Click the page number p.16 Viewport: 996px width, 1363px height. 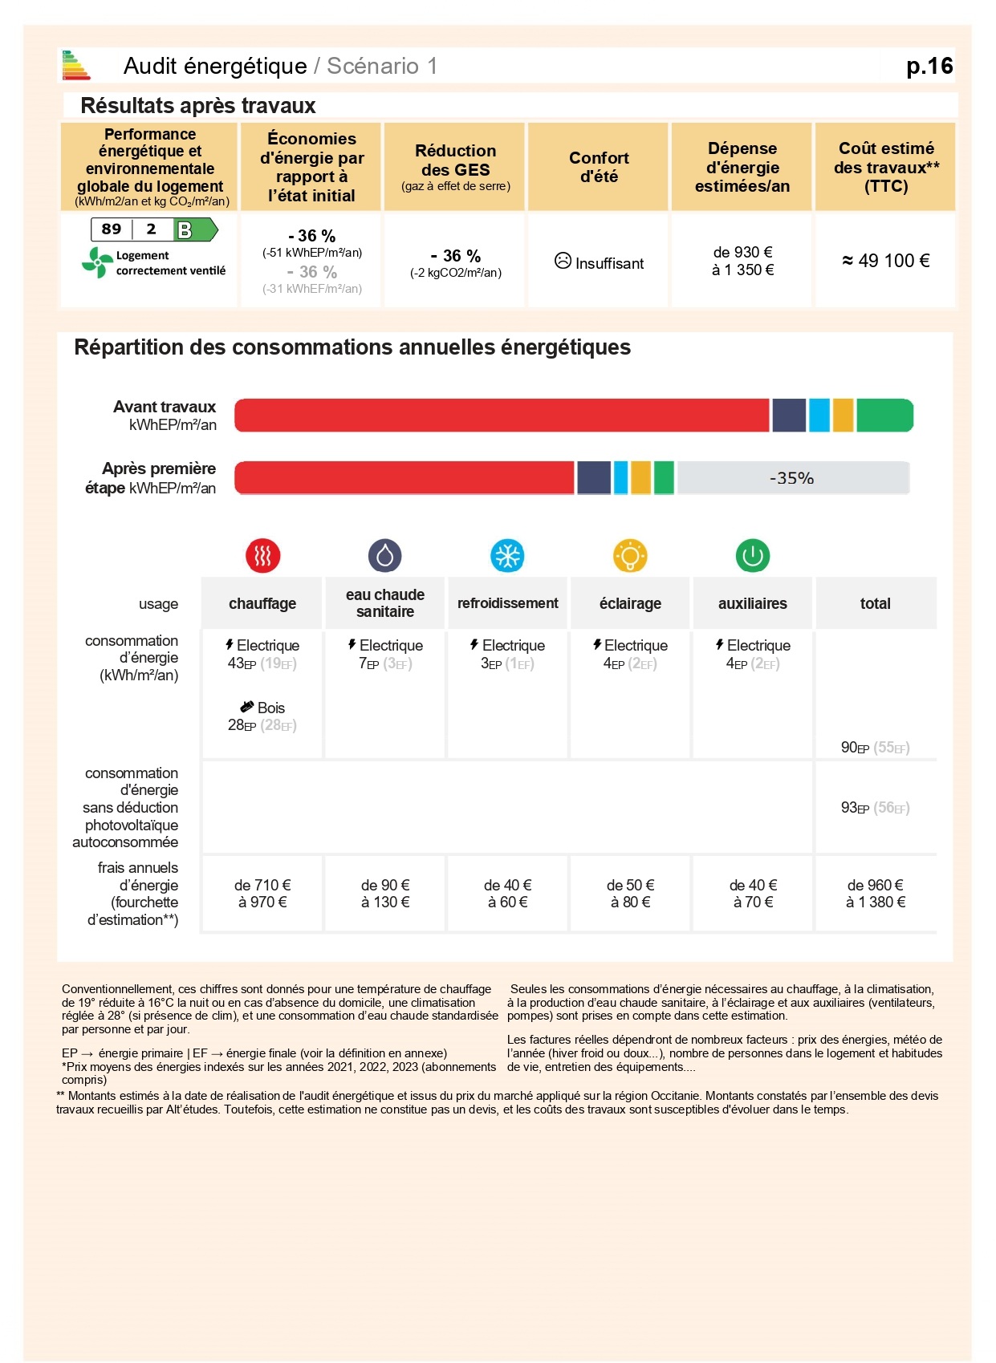click(929, 66)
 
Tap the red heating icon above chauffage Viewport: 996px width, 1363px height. click(262, 555)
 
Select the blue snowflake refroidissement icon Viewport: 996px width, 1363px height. click(507, 555)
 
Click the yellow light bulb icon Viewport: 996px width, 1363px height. click(630, 555)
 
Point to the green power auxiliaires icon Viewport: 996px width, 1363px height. click(753, 555)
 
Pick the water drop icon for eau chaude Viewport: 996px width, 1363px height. click(385, 555)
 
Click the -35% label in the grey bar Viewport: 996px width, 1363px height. click(791, 478)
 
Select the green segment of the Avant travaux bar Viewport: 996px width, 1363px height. click(884, 416)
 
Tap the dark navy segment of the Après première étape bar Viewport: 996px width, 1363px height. click(594, 478)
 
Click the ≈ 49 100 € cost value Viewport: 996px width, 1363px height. click(885, 261)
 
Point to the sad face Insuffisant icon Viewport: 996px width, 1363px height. click(563, 261)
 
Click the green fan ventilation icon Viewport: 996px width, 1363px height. click(98, 262)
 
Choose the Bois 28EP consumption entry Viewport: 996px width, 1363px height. click(262, 716)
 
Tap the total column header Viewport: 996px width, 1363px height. click(875, 603)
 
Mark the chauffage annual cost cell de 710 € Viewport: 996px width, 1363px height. click(262, 894)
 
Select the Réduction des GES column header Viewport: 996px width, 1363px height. click(455, 167)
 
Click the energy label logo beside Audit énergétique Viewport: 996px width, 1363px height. click(76, 66)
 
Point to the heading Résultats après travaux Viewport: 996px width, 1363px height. click(198, 106)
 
